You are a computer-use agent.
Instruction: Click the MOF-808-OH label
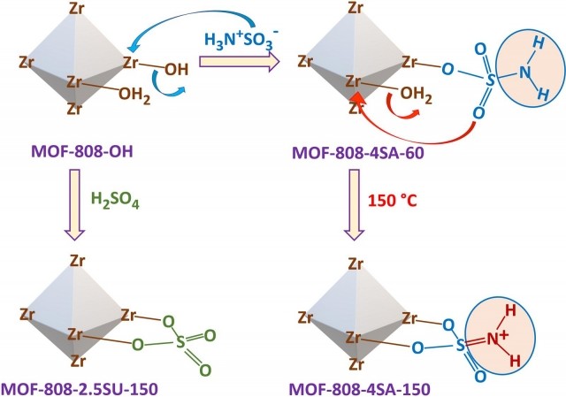(82, 151)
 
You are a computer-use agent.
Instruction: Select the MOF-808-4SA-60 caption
(358, 153)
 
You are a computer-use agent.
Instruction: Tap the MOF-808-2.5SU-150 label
(80, 389)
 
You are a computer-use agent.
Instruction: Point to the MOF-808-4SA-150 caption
(360, 389)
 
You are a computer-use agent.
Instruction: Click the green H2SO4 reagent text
(115, 201)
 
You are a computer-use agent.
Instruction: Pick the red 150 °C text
(393, 201)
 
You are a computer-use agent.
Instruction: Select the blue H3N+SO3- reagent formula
(241, 39)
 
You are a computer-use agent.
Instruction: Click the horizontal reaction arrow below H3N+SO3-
(240, 62)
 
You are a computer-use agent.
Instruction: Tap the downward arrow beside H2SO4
(74, 204)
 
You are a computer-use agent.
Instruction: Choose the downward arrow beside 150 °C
(354, 204)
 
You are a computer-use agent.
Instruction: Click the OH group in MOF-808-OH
(177, 69)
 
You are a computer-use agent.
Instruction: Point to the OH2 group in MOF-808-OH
(134, 95)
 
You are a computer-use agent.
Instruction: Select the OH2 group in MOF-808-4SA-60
(416, 95)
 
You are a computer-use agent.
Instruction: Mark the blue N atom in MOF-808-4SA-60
(524, 73)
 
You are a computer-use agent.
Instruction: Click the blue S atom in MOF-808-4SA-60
(490, 80)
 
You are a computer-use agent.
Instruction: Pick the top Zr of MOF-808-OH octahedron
(77, 8)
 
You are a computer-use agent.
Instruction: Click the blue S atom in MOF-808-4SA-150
(461, 345)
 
